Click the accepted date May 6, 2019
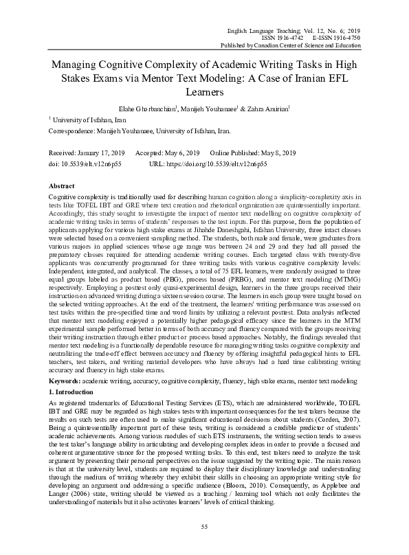coord(180,152)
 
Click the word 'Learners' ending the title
coord(205,91)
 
